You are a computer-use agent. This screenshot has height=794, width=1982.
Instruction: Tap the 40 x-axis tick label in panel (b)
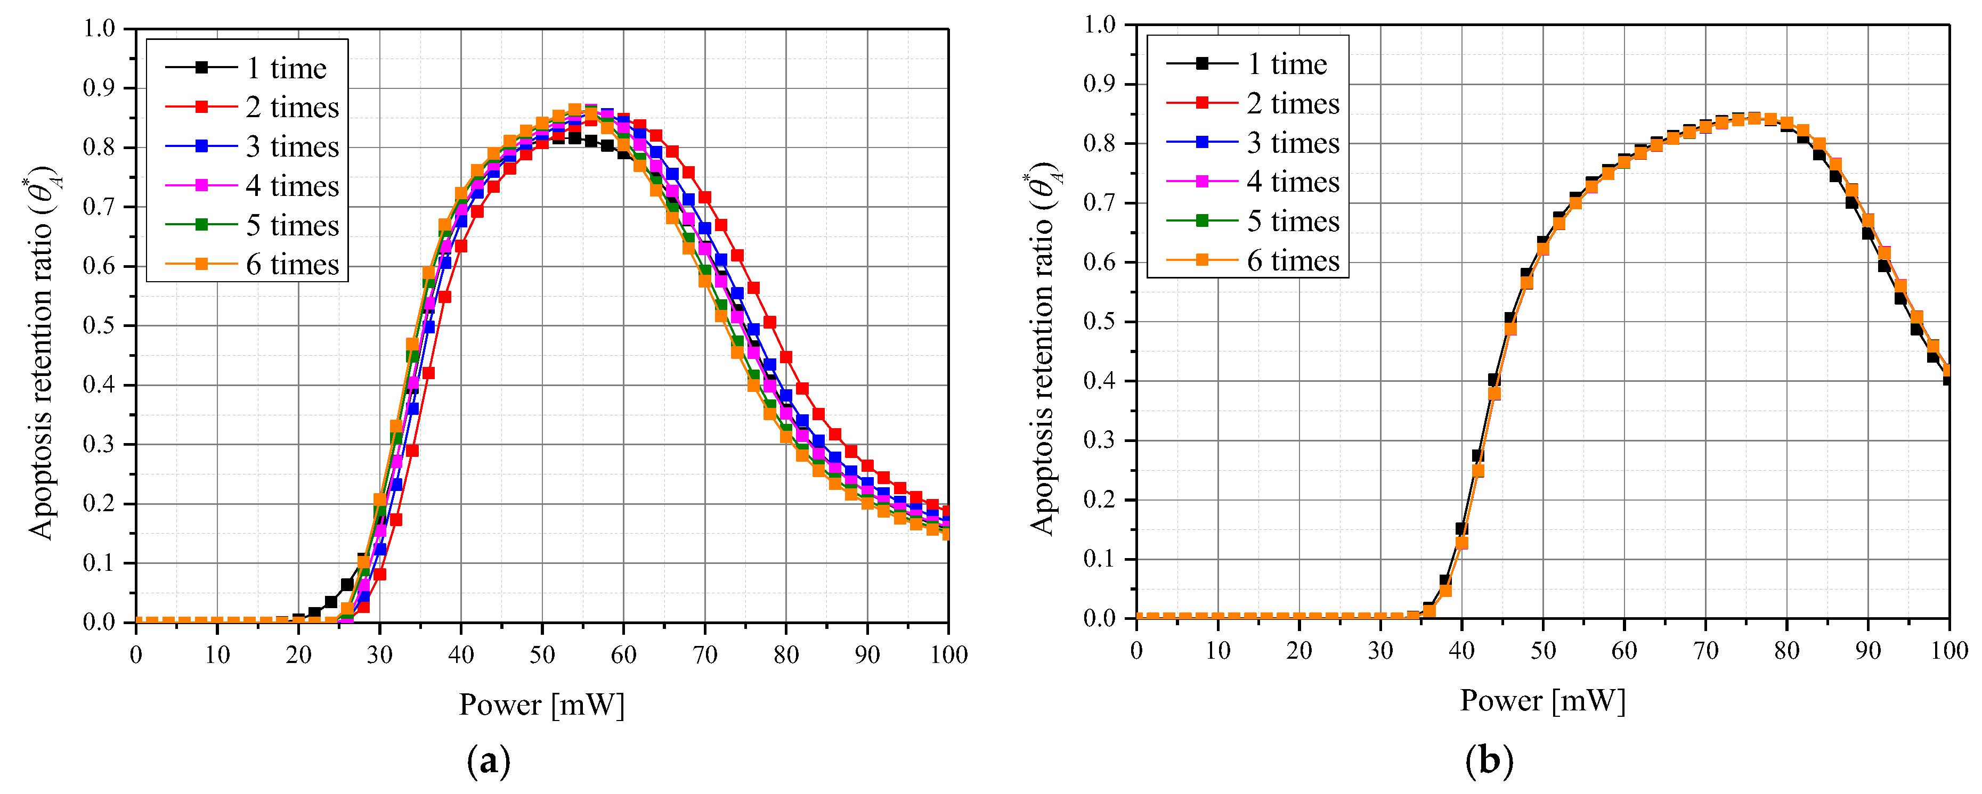[x=1461, y=651]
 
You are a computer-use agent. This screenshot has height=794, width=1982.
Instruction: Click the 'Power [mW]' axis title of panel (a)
[x=542, y=705]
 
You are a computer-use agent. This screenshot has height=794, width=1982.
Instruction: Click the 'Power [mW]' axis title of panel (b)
[x=1542, y=701]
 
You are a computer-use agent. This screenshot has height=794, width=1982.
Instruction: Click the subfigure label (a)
[x=488, y=762]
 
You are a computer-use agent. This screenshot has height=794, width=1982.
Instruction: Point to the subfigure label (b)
[x=1489, y=762]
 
